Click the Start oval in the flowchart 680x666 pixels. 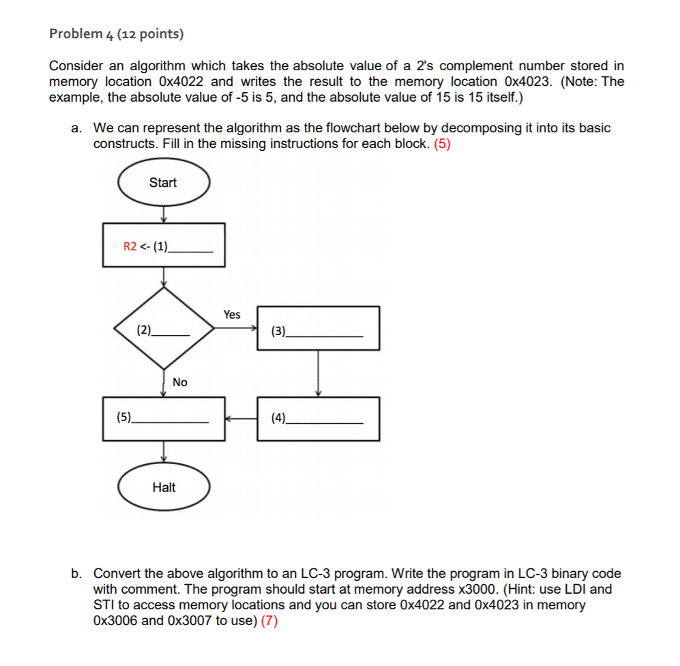click(x=163, y=182)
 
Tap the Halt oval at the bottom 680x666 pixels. click(x=164, y=487)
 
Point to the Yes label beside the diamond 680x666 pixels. click(x=232, y=315)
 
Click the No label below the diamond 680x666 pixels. click(x=180, y=382)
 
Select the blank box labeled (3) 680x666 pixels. click(x=318, y=329)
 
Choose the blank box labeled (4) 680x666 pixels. click(x=318, y=418)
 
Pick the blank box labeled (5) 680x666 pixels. click(x=163, y=418)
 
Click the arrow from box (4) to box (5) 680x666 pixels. click(x=240, y=418)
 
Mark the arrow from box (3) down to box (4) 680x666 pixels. click(x=318, y=373)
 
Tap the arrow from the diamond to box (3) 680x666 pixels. click(x=235, y=329)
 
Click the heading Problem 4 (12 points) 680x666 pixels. click(x=117, y=33)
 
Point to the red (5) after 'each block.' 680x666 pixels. click(x=442, y=144)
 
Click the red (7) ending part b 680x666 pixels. click(x=269, y=621)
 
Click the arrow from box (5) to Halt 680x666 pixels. click(x=163, y=451)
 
